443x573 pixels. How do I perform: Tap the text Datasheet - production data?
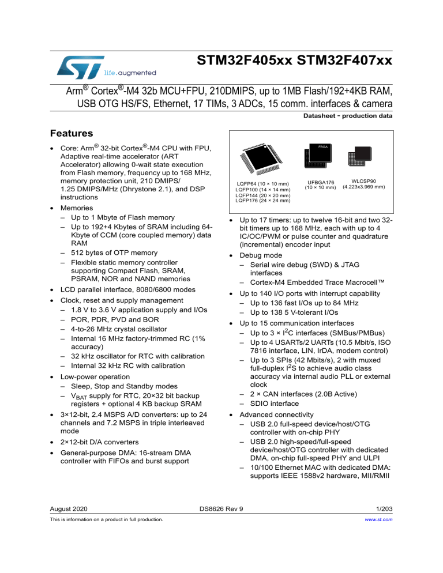pos(348,115)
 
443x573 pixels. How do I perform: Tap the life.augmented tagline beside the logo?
pos(130,73)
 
